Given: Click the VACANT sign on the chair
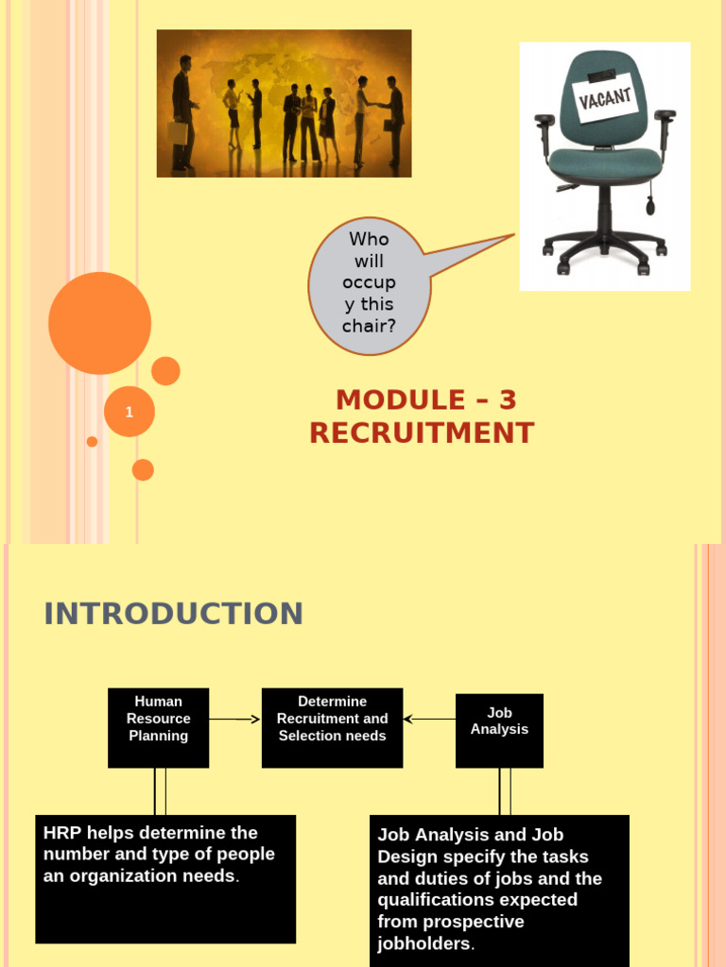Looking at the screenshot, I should [x=605, y=96].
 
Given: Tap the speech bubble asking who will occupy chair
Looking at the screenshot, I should [x=369, y=282].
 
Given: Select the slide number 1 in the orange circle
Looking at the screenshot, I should [x=130, y=412].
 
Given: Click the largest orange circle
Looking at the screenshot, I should [x=99, y=323].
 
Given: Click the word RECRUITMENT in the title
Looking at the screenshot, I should [x=422, y=433].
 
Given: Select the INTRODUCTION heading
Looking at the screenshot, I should [x=174, y=614].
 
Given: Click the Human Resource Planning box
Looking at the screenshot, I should [x=158, y=727].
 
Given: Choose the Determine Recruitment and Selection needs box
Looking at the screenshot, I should [x=332, y=727].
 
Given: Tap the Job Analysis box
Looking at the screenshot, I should [x=499, y=730].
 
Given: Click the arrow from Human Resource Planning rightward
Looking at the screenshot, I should [x=234, y=720].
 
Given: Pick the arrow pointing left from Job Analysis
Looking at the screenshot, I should [x=429, y=720].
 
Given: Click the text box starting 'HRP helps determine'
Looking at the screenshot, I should [x=165, y=878].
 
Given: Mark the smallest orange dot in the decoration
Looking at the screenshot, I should [x=92, y=441].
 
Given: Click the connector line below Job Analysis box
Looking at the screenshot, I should [x=505, y=791].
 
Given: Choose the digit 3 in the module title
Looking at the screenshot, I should [x=508, y=400].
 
